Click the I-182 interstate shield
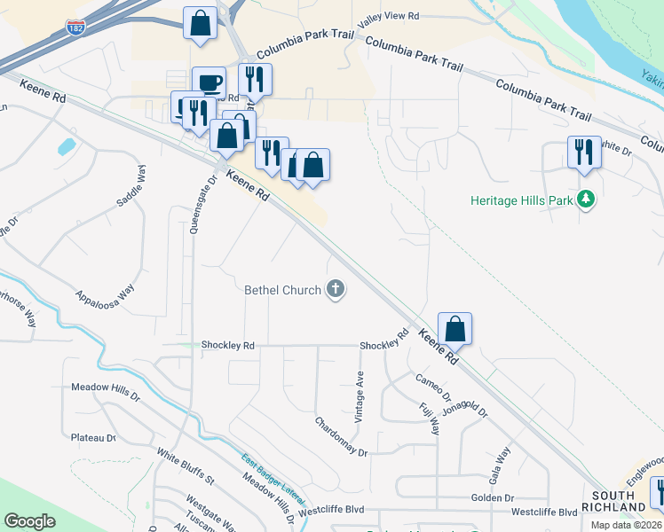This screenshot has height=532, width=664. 75,29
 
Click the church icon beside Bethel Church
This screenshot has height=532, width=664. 336,289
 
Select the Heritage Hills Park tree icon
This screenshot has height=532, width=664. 585,200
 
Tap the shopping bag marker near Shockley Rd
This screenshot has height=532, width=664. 455,329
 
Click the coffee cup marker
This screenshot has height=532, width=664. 209,83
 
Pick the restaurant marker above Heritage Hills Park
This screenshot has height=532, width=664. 584,152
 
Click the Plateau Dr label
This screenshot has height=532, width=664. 94,437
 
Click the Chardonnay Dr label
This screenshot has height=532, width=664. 341,436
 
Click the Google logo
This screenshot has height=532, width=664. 29,521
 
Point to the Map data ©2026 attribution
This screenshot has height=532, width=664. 626,525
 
